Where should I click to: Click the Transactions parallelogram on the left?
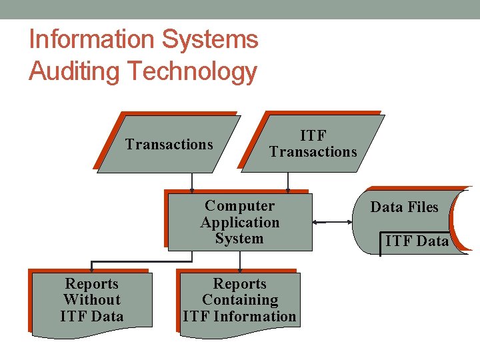click(x=169, y=145)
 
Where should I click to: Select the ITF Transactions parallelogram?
click(x=313, y=144)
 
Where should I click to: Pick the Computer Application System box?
click(x=240, y=223)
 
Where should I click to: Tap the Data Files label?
click(x=404, y=207)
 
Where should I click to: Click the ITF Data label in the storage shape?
click(x=417, y=241)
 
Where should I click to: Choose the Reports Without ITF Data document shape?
click(x=91, y=301)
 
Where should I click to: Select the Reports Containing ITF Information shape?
click(x=240, y=301)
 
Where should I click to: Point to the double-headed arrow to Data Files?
click(x=333, y=223)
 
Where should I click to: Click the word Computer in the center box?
click(x=240, y=206)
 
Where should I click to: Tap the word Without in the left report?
click(x=91, y=300)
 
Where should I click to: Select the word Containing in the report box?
click(x=240, y=300)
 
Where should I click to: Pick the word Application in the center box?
click(x=240, y=223)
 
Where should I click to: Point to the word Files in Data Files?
click(x=423, y=207)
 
